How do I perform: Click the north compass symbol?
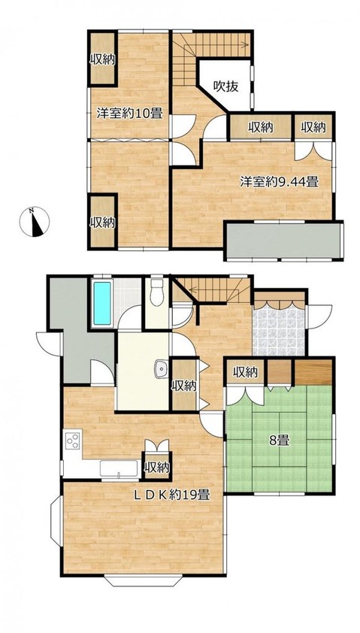pyautogui.click(x=35, y=222)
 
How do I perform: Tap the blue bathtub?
pyautogui.click(x=102, y=303)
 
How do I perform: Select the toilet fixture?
pyautogui.click(x=156, y=292)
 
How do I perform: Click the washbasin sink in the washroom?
pyautogui.click(x=161, y=368)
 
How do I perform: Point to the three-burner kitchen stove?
pyautogui.click(x=73, y=441)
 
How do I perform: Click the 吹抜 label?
pyautogui.click(x=225, y=86)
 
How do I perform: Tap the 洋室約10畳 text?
pyautogui.click(x=129, y=114)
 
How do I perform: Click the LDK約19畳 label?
pyautogui.click(x=171, y=494)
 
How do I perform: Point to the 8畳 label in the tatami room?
pyautogui.click(x=279, y=441)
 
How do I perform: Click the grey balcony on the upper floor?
pyautogui.click(x=284, y=241)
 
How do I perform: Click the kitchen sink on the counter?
pyautogui.click(x=119, y=470)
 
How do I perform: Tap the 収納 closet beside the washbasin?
pyautogui.click(x=184, y=385)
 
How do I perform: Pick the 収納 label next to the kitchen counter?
pyautogui.click(x=156, y=468)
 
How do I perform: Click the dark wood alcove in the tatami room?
pyautogui.click(x=313, y=371)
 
